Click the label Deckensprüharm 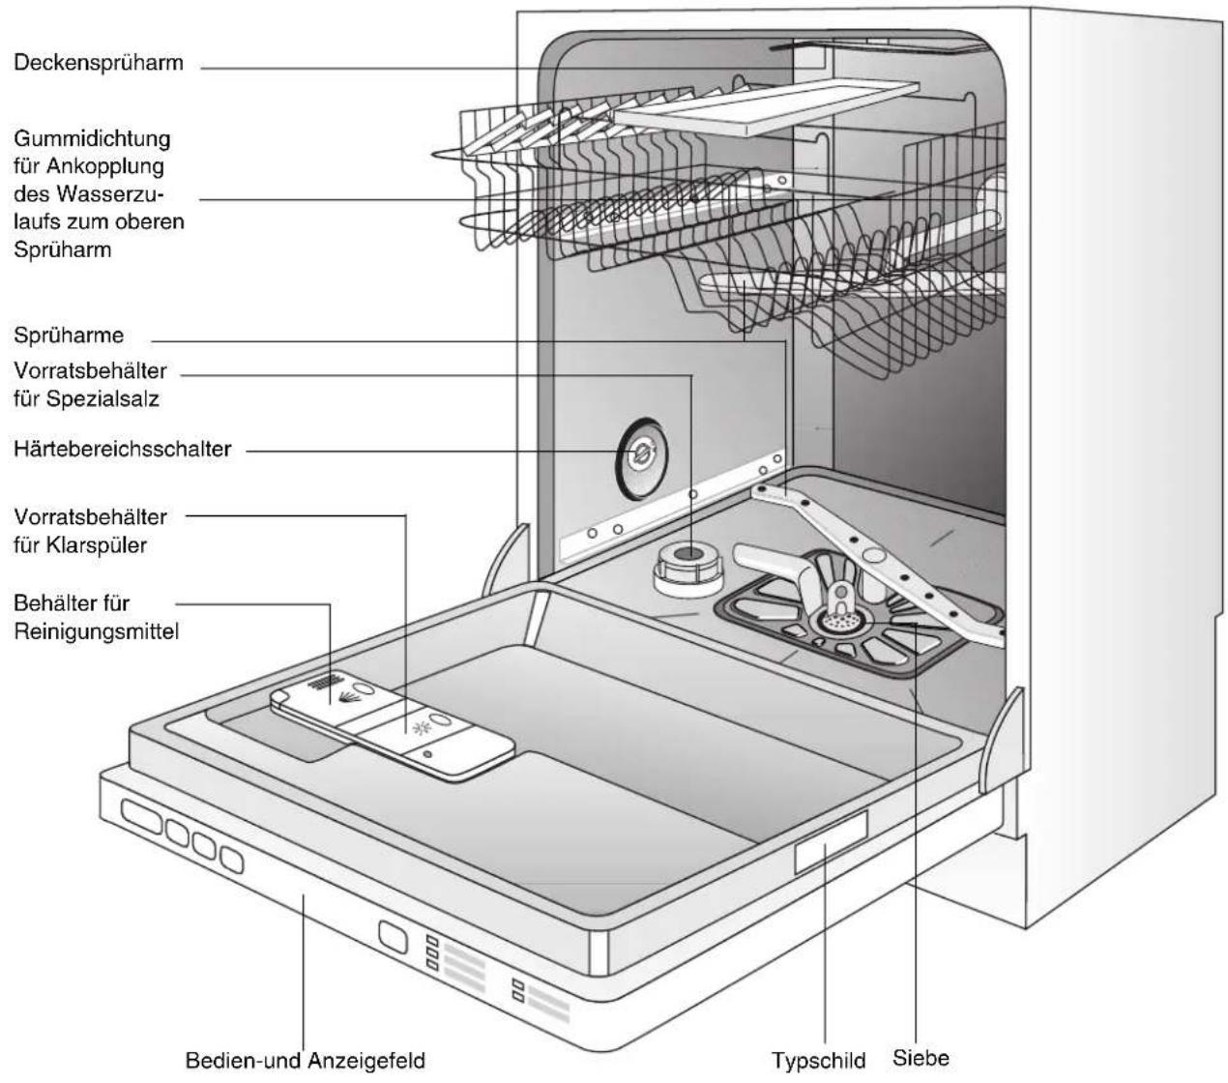click(x=99, y=63)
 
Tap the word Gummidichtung click(x=92, y=139)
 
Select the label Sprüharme click(x=69, y=336)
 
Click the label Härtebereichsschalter click(x=123, y=449)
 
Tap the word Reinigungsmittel click(x=97, y=632)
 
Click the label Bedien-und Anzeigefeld click(x=305, y=1061)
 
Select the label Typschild click(x=818, y=1061)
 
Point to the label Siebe click(x=921, y=1058)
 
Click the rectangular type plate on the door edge click(x=831, y=842)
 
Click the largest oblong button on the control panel click(x=142, y=817)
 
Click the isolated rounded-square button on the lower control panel click(x=393, y=936)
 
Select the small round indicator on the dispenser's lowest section click(x=427, y=754)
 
